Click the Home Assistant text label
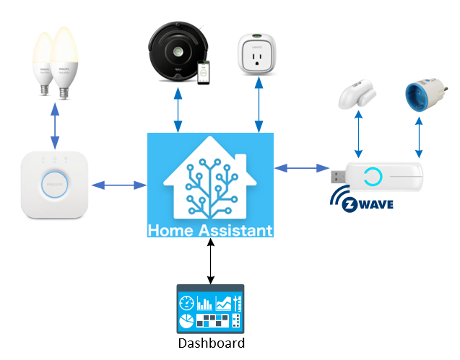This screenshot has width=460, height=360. pyautogui.click(x=210, y=231)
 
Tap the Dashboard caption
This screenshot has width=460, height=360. pyautogui.click(x=211, y=343)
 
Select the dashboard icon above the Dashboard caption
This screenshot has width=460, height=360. pyautogui.click(x=211, y=309)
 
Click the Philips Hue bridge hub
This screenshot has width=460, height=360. pyautogui.click(x=54, y=185)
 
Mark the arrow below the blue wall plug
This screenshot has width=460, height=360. pyautogui.click(x=419, y=138)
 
